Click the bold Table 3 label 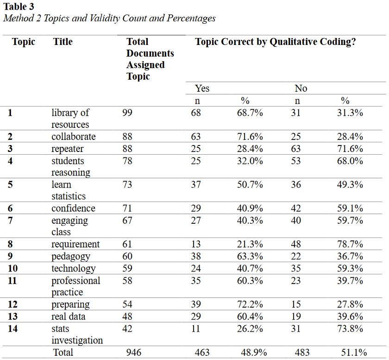[18, 6]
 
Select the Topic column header [24, 42]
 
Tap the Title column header [63, 42]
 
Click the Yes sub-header [202, 88]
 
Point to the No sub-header [301, 88]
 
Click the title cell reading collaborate [74, 137]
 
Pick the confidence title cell [73, 208]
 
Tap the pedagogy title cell [71, 256]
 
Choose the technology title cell [74, 268]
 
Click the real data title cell [69, 316]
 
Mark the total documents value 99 [127, 113]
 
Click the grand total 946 [134, 353]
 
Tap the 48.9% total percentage [252, 353]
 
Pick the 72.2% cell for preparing [250, 304]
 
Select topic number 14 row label [13, 328]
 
